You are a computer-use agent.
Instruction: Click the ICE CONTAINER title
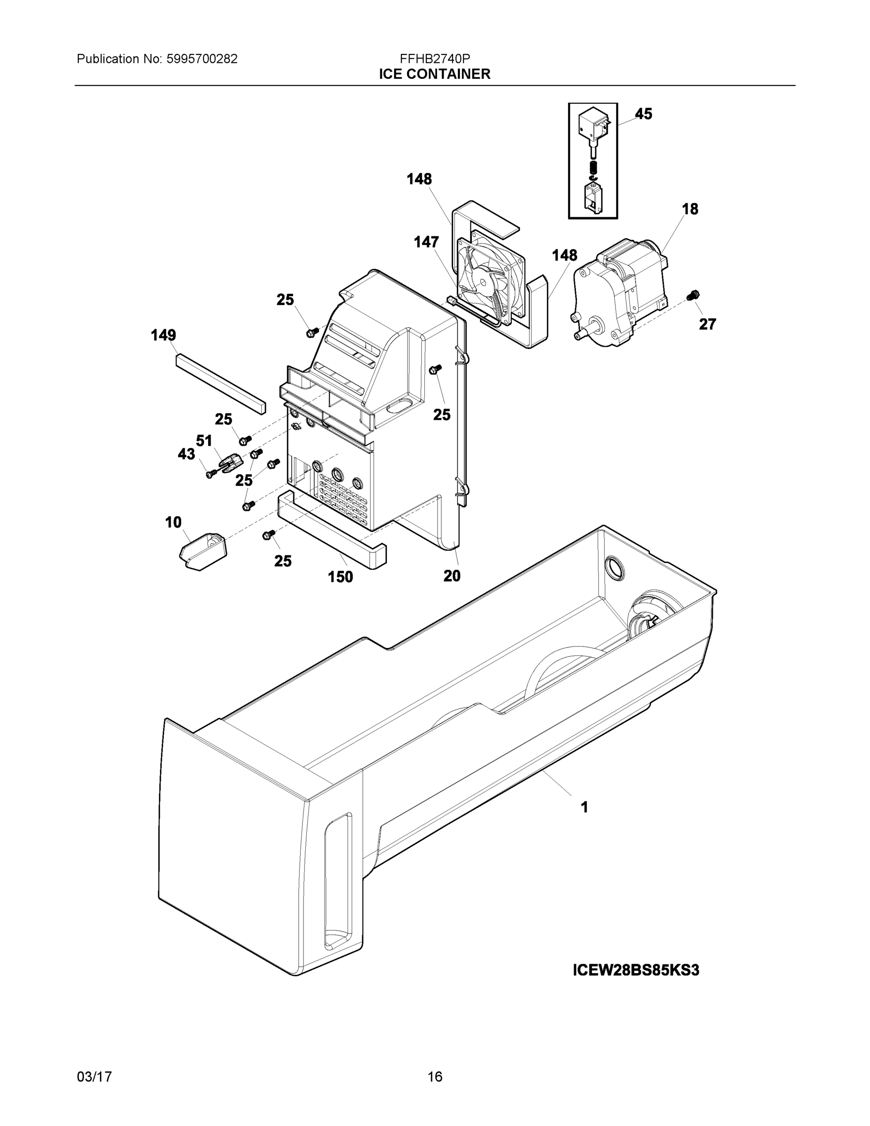coord(434,74)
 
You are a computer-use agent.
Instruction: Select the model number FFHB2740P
coord(434,59)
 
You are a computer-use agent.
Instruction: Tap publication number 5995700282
coord(202,59)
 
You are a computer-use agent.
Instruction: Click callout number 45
coord(643,114)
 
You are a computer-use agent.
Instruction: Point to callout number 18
coord(689,209)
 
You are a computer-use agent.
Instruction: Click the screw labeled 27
coord(693,296)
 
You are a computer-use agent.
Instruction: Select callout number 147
coord(426,242)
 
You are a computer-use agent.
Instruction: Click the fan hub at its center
coord(485,282)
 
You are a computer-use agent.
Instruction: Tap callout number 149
coord(163,335)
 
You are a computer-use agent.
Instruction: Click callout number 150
coord(340,577)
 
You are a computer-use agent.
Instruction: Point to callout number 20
coord(452,576)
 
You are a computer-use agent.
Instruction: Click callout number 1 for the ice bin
coord(584,807)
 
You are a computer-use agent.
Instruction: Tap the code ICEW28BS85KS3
coord(635,970)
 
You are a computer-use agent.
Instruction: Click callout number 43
coord(186,454)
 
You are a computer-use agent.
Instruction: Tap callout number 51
coord(204,441)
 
